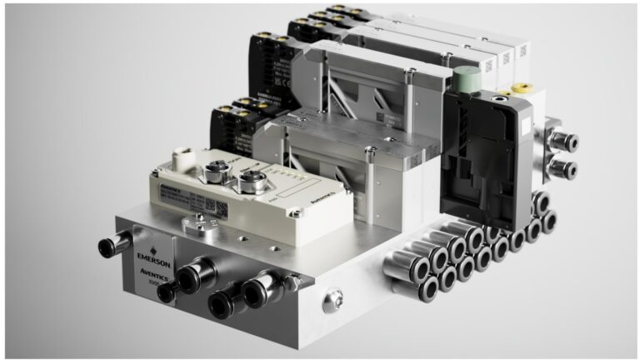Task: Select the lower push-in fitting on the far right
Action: (562, 169)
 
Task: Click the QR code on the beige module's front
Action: (209, 205)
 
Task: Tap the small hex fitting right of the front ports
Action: (292, 283)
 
